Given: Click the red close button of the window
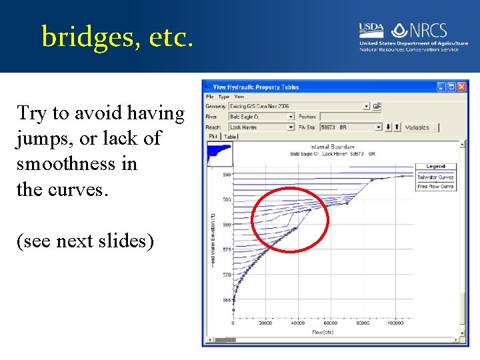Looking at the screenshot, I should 462,87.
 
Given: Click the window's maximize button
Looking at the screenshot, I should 451,87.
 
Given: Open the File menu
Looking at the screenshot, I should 210,97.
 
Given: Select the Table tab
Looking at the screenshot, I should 230,136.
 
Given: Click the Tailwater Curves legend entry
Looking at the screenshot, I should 435,177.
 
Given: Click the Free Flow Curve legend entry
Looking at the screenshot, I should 435,187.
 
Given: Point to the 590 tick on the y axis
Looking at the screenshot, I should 227,175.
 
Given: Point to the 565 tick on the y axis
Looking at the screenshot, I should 227,300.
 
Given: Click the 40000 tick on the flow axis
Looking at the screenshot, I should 297,324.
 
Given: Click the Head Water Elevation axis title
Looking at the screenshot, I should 213,240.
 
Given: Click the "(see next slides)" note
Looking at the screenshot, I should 85,240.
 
